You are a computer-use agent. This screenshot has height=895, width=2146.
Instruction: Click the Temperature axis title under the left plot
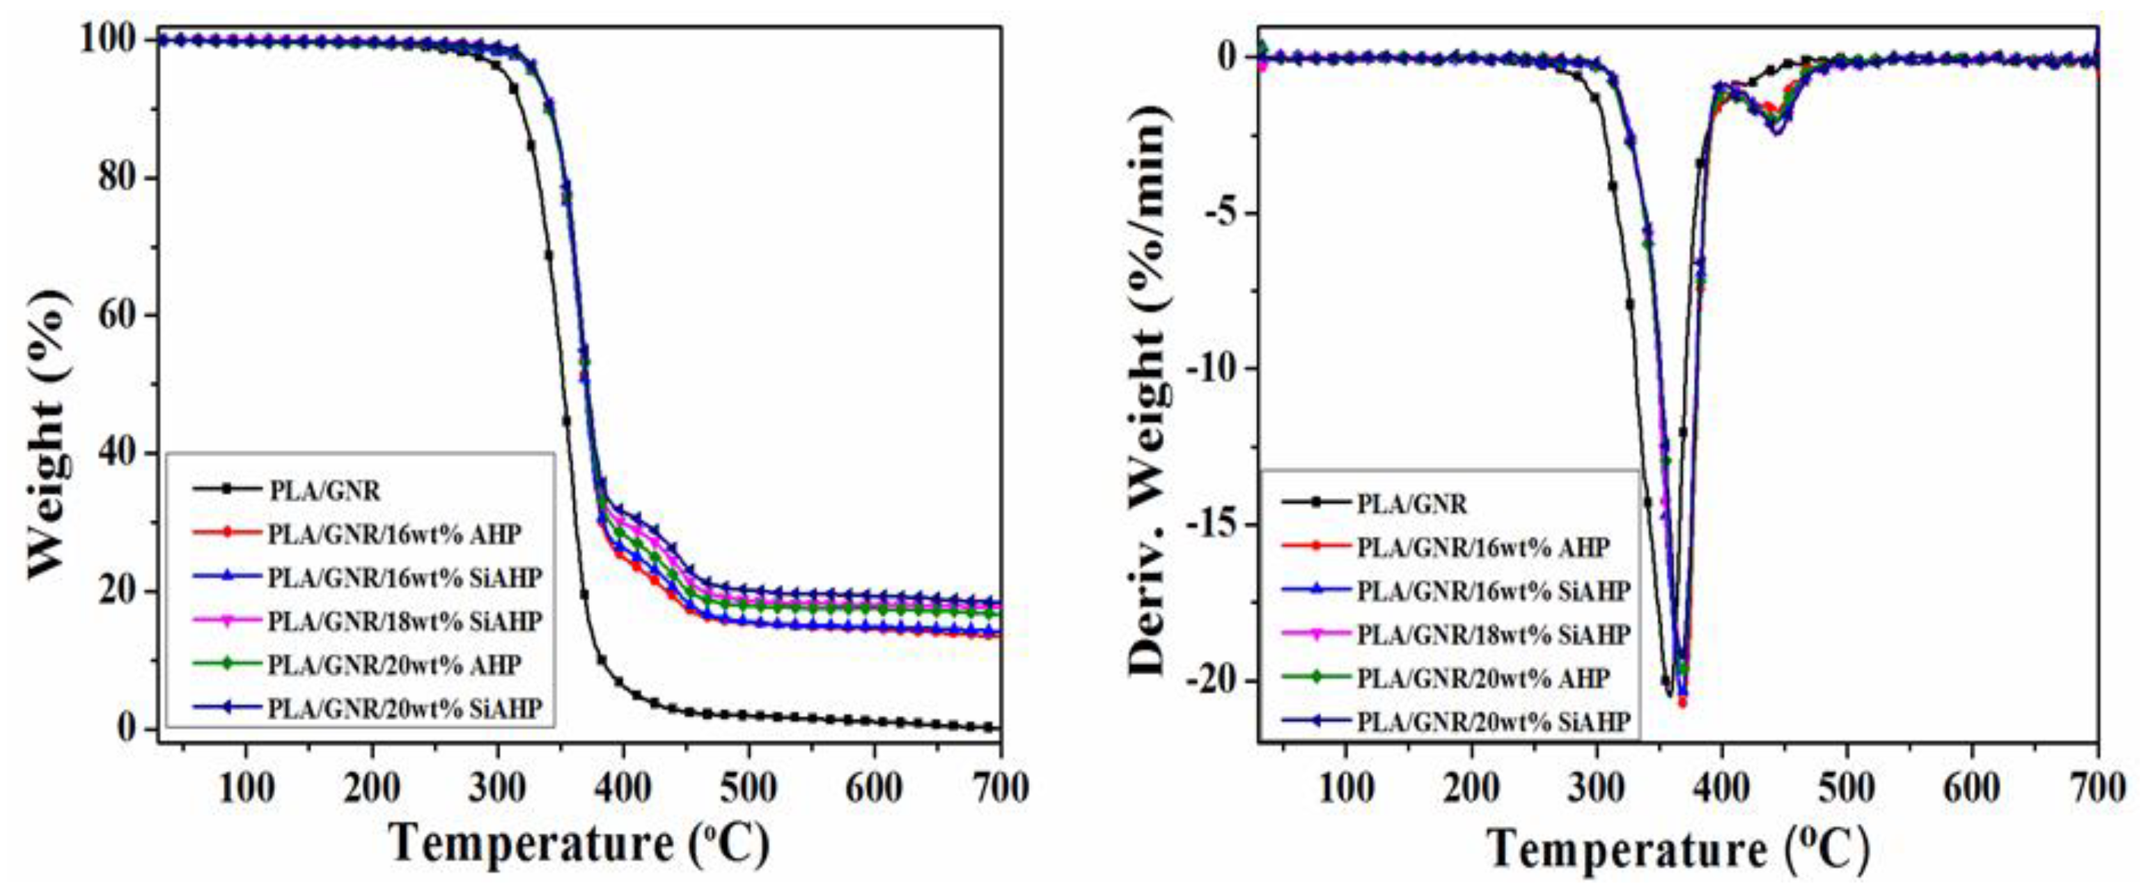tap(580, 843)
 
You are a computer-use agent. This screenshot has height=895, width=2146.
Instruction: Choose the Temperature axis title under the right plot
tap(1679, 850)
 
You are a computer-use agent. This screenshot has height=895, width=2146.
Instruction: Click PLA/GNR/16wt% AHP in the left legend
tap(394, 534)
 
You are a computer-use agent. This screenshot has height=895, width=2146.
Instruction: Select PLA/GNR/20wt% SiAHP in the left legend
tap(405, 708)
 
